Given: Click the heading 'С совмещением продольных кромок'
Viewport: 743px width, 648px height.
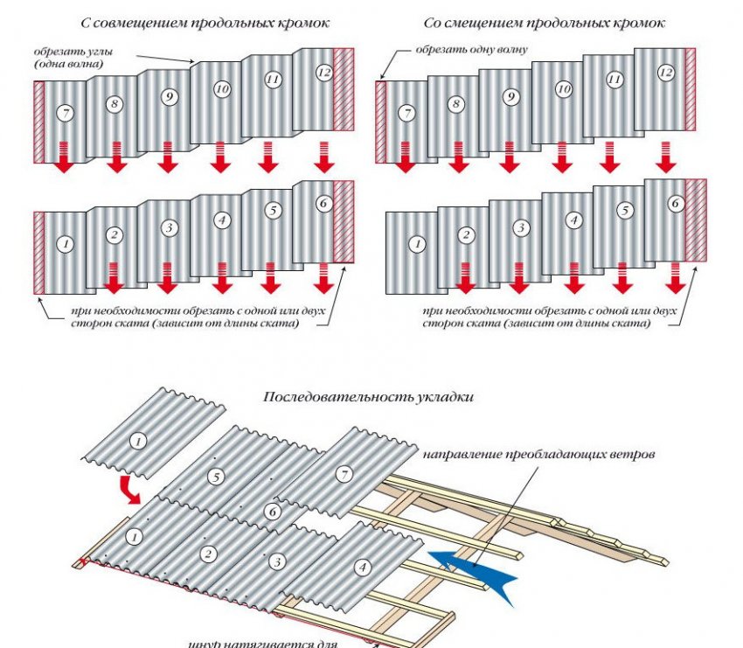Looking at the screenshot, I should tap(184, 22).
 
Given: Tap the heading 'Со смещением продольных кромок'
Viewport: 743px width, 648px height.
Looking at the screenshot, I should tap(544, 22).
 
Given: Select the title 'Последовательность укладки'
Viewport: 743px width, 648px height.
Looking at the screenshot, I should tap(369, 396).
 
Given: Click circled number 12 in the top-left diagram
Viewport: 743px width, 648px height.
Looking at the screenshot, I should tap(324, 73).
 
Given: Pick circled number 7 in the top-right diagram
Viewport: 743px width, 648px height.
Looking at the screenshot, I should tap(405, 114).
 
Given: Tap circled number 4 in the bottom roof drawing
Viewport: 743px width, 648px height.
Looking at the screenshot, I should tap(362, 567).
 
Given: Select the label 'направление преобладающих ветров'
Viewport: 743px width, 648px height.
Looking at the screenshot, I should tap(539, 456).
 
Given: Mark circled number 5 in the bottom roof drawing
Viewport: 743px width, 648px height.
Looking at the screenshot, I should tap(216, 477).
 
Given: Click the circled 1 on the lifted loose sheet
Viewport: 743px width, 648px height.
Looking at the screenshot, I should tap(137, 442).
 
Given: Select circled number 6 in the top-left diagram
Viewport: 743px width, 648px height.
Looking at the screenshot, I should tap(323, 203).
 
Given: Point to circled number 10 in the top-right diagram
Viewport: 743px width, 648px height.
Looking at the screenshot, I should tap(564, 88).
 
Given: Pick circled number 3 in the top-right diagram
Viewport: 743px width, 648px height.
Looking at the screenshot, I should tap(521, 228).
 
